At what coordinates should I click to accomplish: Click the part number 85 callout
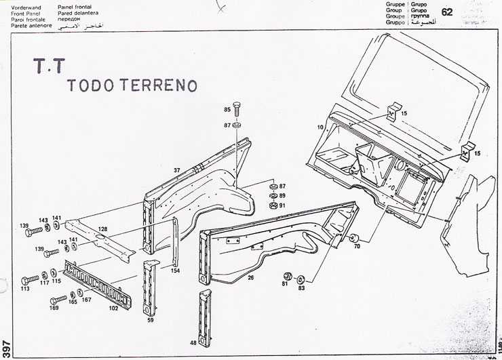pos(227,109)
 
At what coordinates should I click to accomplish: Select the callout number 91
pos(283,205)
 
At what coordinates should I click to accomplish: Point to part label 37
pos(176,169)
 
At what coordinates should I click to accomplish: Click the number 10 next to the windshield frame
pos(320,127)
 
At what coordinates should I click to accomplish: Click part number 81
pos(285,284)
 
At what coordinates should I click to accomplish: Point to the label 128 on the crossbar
pos(102,229)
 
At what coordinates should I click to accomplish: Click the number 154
pos(175,271)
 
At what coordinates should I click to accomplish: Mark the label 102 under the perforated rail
pos(113,308)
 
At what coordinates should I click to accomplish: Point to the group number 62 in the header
pos(447,12)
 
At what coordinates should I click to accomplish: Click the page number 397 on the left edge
pos(6,345)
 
